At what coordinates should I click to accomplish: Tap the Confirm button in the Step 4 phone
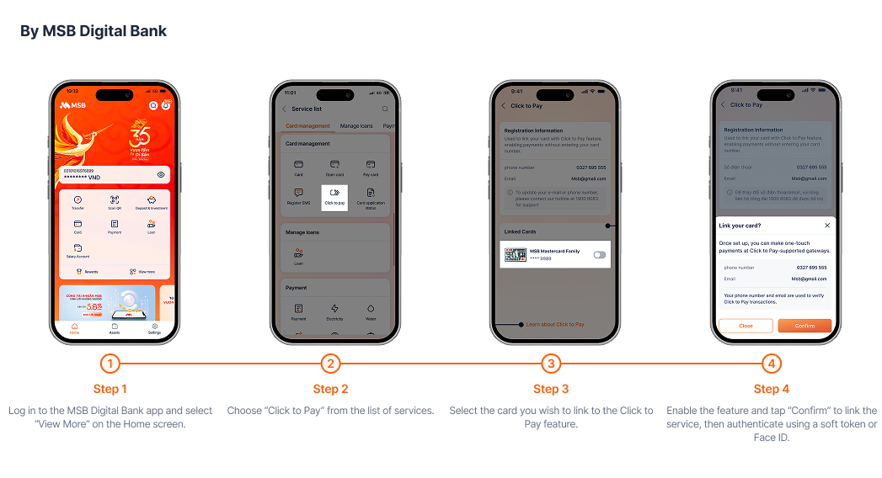[x=804, y=326]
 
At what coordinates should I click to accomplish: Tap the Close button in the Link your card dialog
[x=746, y=326]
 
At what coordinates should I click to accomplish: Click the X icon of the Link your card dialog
[x=826, y=226]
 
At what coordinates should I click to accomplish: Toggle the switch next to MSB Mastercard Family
[x=599, y=254]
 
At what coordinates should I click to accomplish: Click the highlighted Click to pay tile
[x=334, y=195]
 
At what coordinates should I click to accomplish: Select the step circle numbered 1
[x=110, y=364]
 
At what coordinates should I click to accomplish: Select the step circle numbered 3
[x=551, y=364]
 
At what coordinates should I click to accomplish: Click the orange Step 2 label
[x=330, y=389]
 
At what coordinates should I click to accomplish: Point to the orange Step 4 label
[x=771, y=389]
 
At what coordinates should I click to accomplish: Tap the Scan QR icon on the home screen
[x=115, y=201]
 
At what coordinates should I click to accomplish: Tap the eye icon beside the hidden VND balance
[x=161, y=174]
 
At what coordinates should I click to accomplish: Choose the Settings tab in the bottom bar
[x=154, y=328]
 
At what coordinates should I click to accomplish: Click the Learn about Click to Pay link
[x=555, y=324]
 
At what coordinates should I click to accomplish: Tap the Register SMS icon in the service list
[x=298, y=195]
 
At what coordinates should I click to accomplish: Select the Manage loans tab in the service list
[x=355, y=126]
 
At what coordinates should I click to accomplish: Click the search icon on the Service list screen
[x=385, y=109]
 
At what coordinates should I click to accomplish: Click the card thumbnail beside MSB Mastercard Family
[x=515, y=254]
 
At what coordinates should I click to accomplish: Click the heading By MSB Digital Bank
[x=94, y=31]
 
